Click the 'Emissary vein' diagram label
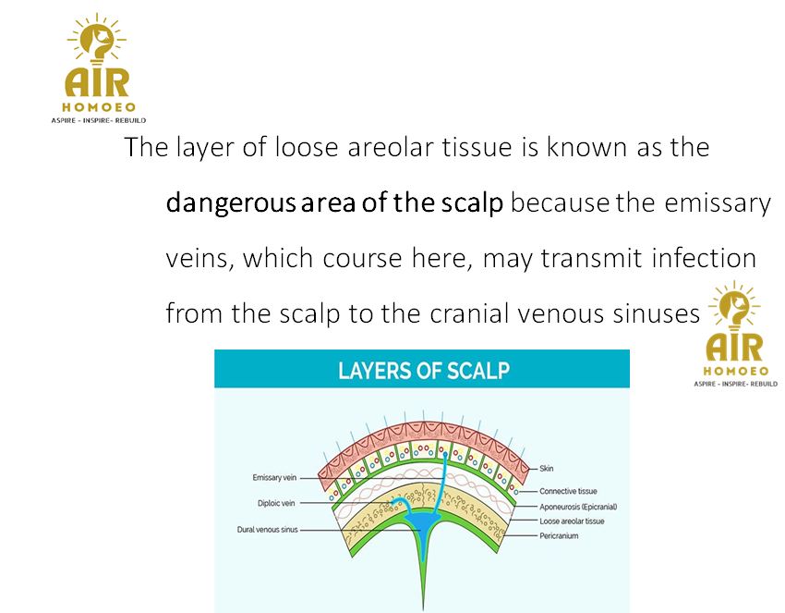[274, 478]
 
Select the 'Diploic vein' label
[276, 503]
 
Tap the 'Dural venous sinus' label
[267, 529]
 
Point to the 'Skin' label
[546, 468]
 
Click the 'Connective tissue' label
[568, 491]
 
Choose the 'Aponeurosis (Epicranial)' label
[578, 507]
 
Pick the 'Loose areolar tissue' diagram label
[572, 521]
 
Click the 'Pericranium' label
[559, 536]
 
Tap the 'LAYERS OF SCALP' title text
[424, 371]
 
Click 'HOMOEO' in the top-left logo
[99, 106]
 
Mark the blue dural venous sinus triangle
[423, 532]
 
